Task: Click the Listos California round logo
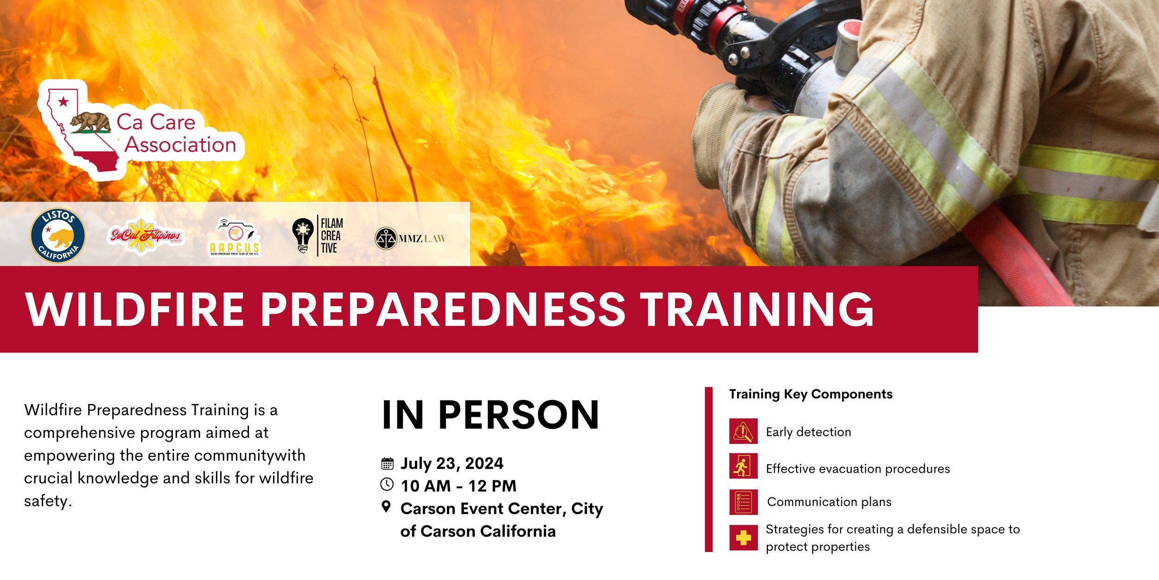57,235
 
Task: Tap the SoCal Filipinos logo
146,236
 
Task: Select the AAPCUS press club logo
235,237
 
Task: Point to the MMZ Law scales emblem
385,239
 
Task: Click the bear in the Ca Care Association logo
91,122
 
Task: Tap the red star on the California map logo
64,102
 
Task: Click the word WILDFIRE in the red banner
134,309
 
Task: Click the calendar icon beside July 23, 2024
387,464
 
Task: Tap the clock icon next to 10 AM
387,484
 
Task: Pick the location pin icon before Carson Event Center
386,507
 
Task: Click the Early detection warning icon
743,431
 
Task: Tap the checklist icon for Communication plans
743,502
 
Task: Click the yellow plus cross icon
743,538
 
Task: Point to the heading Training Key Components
810,394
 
